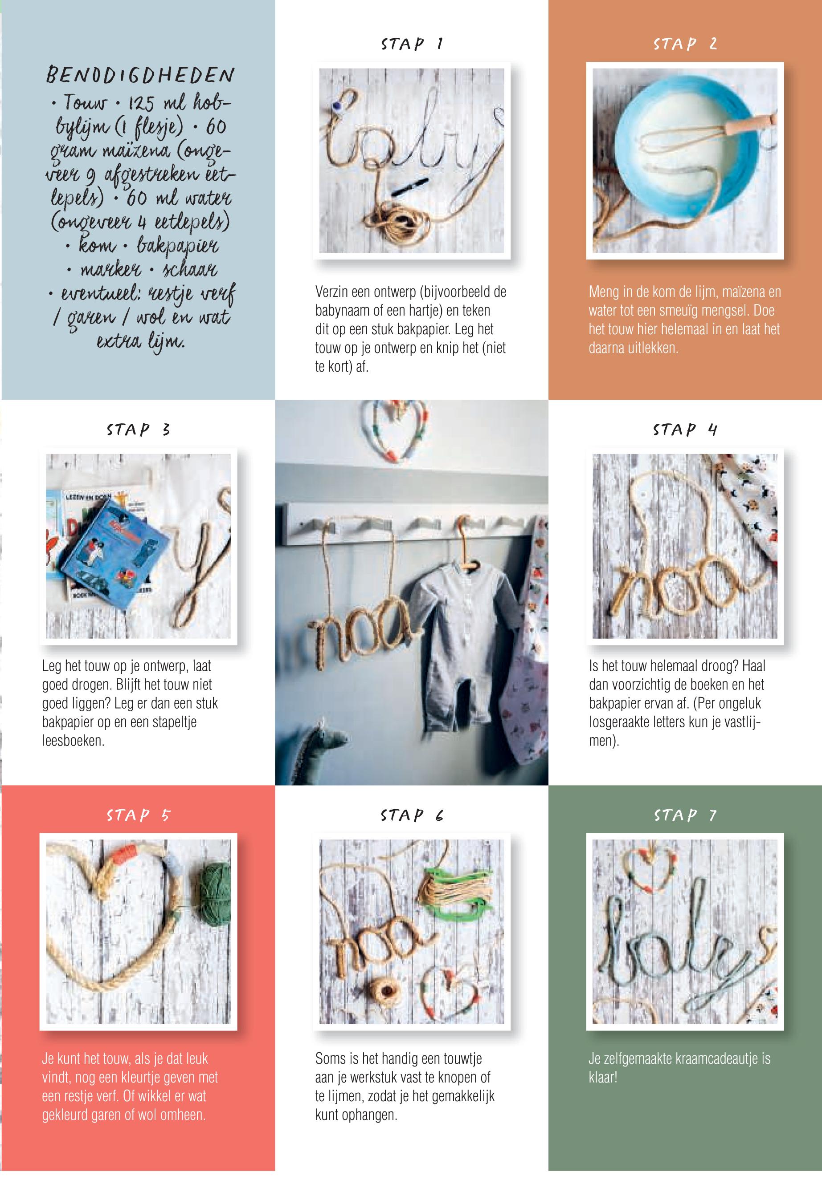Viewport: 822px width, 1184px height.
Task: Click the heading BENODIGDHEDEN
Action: [x=140, y=75]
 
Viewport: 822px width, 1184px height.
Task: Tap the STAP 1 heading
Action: [x=412, y=44]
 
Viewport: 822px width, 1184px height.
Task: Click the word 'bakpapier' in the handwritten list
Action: [x=178, y=246]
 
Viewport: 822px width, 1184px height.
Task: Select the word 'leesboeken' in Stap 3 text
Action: [x=73, y=741]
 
